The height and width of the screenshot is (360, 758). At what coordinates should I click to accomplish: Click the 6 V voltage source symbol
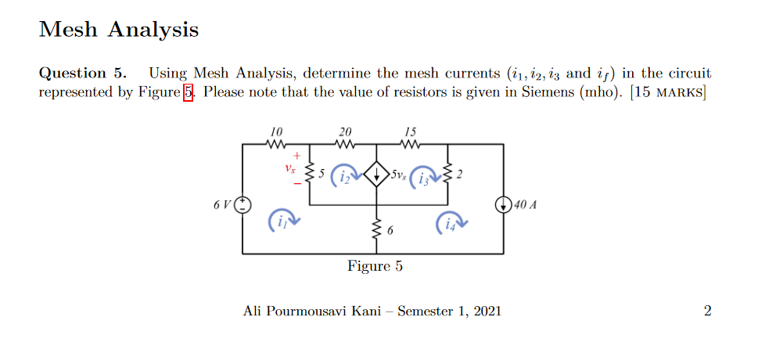click(x=242, y=204)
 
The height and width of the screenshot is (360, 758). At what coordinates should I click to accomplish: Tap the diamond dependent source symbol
click(x=377, y=175)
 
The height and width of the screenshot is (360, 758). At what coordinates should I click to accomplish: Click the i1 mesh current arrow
click(x=283, y=221)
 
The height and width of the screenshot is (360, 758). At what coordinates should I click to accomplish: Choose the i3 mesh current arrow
click(x=426, y=177)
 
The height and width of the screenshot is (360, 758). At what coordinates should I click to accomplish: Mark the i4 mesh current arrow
click(x=451, y=222)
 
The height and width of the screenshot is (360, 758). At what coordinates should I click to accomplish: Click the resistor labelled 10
click(x=275, y=145)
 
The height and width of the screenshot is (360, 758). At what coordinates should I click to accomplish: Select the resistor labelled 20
click(x=344, y=145)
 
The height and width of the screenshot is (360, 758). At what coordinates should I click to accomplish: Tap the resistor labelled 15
click(x=411, y=145)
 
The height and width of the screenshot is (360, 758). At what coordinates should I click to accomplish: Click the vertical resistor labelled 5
click(x=310, y=173)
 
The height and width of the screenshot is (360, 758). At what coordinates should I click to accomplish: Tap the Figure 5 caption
click(x=375, y=267)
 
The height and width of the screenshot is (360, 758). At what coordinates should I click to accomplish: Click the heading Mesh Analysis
click(x=118, y=30)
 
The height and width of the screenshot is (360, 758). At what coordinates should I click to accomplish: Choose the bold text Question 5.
click(x=82, y=74)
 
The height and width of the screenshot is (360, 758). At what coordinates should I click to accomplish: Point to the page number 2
click(x=707, y=311)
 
